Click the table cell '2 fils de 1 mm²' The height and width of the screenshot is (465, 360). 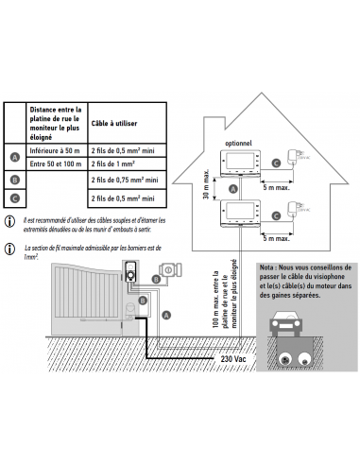click(127, 164)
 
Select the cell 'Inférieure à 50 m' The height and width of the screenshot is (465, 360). click(57, 150)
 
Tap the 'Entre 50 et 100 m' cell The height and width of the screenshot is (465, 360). click(57, 164)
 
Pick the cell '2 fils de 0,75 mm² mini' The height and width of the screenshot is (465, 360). click(127, 180)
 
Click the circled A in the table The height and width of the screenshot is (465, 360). click(15, 157)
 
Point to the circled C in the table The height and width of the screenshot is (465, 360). click(15, 198)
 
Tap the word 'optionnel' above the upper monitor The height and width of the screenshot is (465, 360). click(238, 144)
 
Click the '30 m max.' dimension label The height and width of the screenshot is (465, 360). click(206, 184)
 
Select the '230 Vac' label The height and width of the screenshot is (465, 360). click(233, 358)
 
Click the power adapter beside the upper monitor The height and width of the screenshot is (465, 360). click(293, 157)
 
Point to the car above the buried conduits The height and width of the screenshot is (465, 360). click(286, 324)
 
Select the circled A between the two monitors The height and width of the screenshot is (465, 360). click(233, 189)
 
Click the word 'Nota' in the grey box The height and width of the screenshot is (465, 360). click(266, 267)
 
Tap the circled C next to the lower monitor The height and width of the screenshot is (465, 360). click(276, 215)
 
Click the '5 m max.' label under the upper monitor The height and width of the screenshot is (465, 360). click(276, 187)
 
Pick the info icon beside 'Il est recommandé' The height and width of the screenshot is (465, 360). click(9, 221)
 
